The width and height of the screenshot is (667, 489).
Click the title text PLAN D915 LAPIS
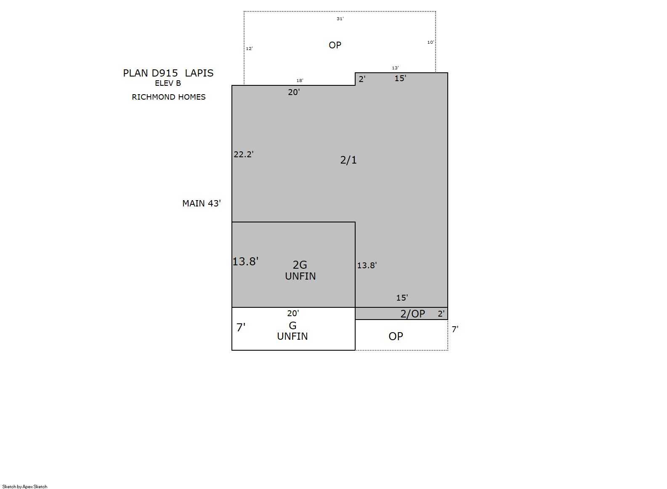(168, 73)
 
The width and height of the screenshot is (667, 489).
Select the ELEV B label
(168, 83)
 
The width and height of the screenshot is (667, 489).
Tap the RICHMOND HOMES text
(168, 97)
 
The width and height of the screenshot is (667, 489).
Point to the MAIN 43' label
(202, 204)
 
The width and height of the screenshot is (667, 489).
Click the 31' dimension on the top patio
(340, 19)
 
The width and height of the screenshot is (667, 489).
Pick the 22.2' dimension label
(244, 154)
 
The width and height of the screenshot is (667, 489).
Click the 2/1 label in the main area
(348, 160)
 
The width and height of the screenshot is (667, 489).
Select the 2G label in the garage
(300, 265)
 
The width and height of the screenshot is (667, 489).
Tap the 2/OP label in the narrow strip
(413, 314)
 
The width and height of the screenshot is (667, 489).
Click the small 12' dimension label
(249, 48)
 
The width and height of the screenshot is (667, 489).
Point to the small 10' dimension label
(430, 42)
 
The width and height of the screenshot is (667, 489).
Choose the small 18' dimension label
(300, 80)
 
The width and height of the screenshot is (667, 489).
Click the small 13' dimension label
(395, 68)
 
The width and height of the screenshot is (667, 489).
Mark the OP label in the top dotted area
(335, 45)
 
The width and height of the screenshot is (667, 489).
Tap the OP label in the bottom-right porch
(396, 336)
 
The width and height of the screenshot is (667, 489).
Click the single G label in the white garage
(293, 325)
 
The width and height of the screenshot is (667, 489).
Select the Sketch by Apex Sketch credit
(25, 486)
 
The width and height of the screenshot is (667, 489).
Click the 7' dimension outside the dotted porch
(455, 329)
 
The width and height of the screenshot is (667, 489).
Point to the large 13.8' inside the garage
(245, 262)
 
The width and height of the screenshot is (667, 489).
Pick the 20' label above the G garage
(293, 313)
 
